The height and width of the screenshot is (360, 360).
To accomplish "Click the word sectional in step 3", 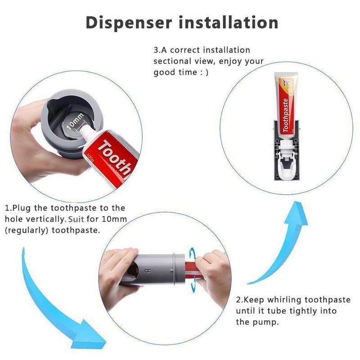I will (x=173, y=61).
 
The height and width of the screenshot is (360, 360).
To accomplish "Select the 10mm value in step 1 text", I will (x=115, y=219).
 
